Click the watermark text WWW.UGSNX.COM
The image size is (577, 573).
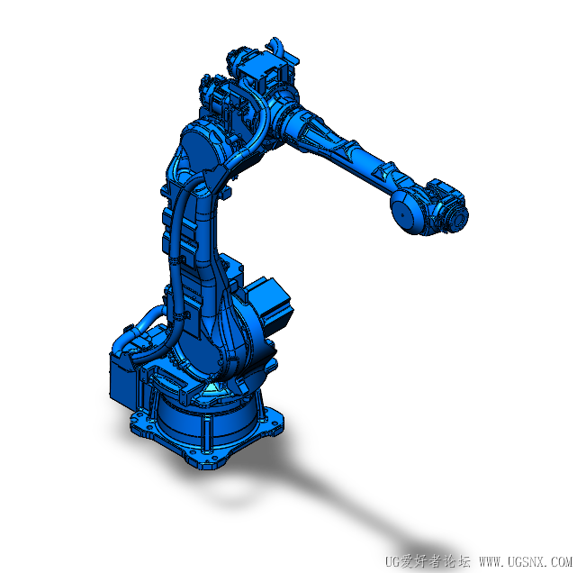[526, 562]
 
